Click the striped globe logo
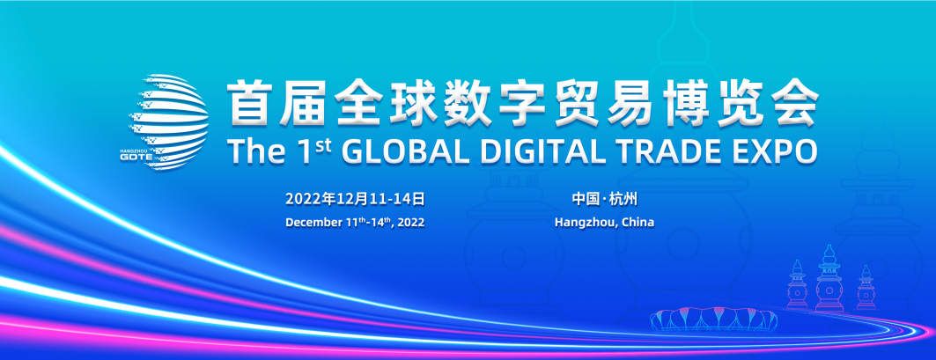click(x=169, y=121)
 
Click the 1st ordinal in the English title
click(x=312, y=151)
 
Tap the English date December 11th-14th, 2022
click(x=355, y=222)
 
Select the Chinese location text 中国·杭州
click(x=604, y=198)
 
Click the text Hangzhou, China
click(x=604, y=223)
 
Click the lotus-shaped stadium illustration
click(x=714, y=320)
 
